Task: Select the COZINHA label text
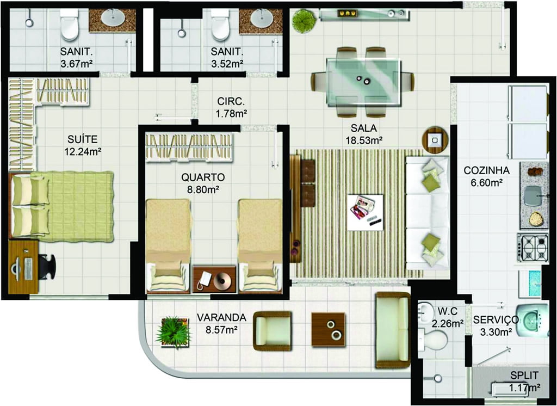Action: click(486, 171)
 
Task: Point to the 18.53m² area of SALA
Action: click(364, 140)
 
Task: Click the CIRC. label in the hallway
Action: click(231, 102)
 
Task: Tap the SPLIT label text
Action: click(524, 375)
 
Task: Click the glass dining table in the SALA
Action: click(364, 82)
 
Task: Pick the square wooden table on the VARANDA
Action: click(328, 330)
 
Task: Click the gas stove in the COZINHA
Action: click(533, 248)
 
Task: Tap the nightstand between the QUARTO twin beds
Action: click(214, 279)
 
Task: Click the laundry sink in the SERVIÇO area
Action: click(531, 320)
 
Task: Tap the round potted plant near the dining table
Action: click(304, 21)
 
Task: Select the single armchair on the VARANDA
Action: click(273, 331)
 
